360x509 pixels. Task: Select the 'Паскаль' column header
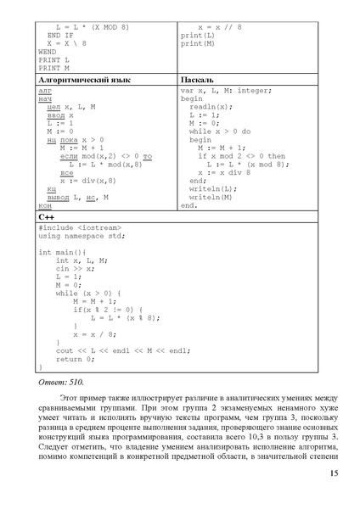pos(198,79)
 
